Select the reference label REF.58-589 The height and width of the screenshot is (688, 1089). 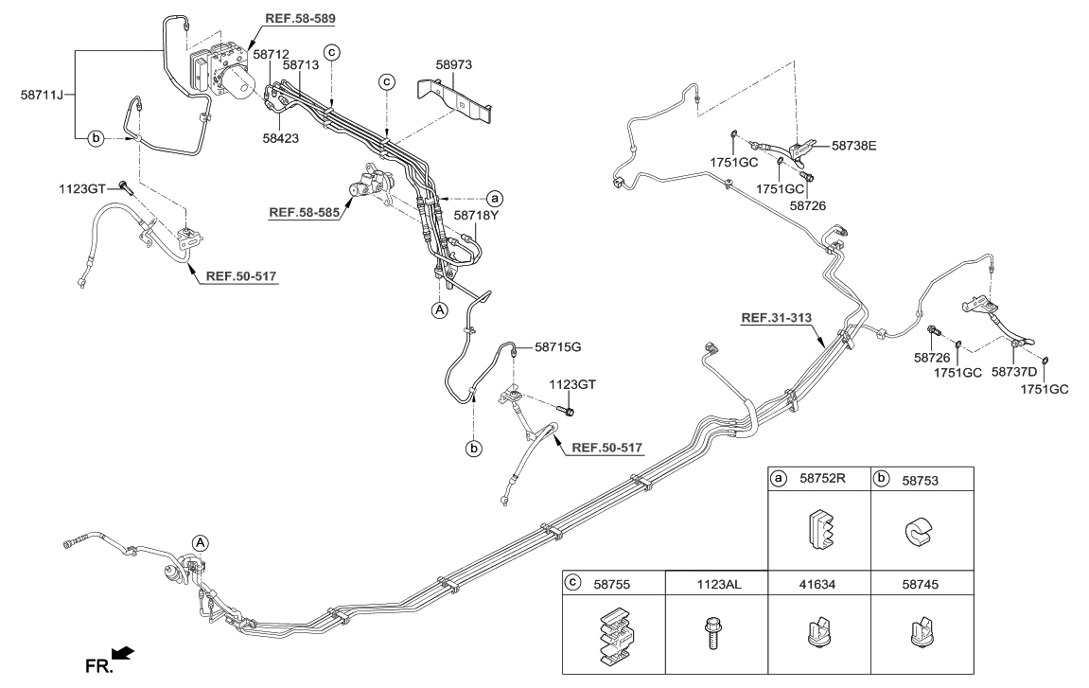pyautogui.click(x=300, y=18)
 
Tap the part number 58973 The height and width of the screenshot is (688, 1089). pyautogui.click(x=453, y=64)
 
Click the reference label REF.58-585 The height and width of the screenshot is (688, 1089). pyautogui.click(x=304, y=213)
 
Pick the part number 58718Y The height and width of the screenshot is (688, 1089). pyautogui.click(x=477, y=215)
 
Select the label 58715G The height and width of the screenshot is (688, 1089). pyautogui.click(x=557, y=347)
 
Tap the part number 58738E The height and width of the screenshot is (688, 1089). pyautogui.click(x=854, y=146)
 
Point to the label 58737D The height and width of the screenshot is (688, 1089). pyautogui.click(x=1014, y=373)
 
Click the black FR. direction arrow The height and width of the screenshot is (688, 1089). pyautogui.click(x=122, y=654)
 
